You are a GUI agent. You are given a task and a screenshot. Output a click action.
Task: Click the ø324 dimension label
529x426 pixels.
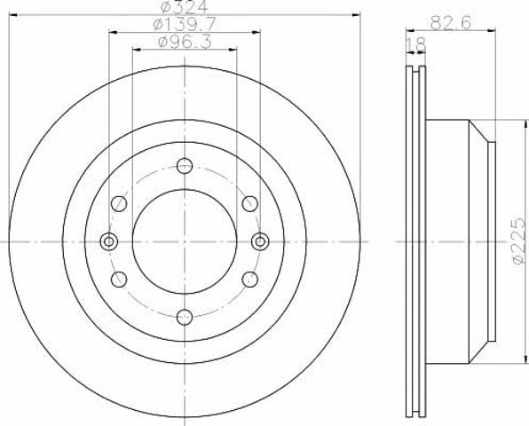click(184, 7)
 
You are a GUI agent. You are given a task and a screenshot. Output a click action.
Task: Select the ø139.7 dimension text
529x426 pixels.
click(185, 24)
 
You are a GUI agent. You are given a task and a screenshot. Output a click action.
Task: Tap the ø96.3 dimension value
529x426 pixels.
click(185, 43)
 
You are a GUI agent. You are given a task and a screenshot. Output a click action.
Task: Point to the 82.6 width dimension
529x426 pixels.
click(450, 24)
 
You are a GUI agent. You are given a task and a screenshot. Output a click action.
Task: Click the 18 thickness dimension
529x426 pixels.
click(416, 45)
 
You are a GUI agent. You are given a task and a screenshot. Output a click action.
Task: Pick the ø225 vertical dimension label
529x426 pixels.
click(519, 241)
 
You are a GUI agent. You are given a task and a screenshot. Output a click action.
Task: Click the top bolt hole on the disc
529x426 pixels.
click(185, 166)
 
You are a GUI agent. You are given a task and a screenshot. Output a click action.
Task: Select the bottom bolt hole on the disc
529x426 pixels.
click(185, 317)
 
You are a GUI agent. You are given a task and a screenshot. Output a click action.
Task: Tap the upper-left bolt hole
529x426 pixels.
click(119, 204)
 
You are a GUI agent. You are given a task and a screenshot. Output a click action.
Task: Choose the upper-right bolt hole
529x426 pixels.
click(250, 204)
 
